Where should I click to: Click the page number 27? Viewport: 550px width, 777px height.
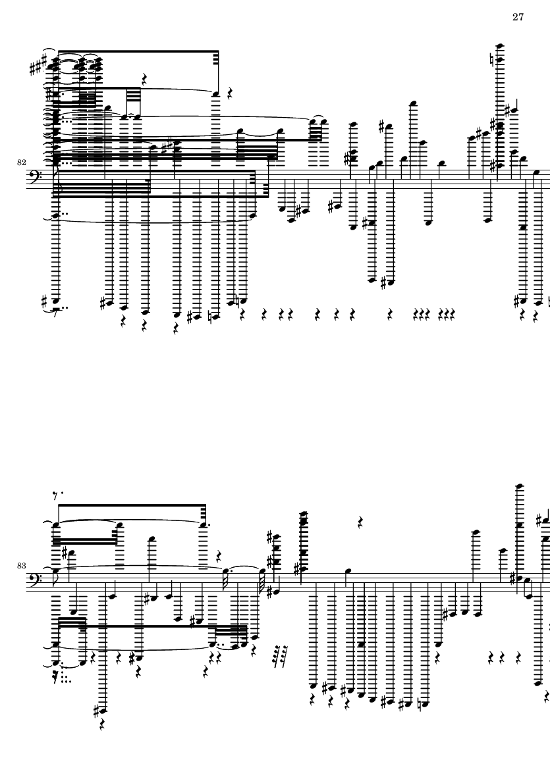click(x=518, y=17)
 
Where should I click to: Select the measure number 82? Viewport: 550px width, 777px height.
click(x=21, y=162)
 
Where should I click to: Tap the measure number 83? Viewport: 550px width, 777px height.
click(x=21, y=565)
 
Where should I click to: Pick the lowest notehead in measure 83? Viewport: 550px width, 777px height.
click(x=103, y=711)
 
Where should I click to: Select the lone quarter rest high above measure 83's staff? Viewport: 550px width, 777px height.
click(x=361, y=521)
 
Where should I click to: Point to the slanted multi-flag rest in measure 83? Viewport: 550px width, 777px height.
click(x=281, y=656)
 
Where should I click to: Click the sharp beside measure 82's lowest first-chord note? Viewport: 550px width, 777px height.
click(x=44, y=300)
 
